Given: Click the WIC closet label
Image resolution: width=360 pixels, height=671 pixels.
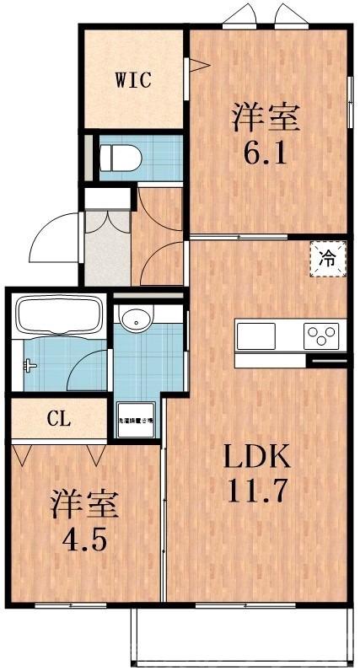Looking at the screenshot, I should point(132,81).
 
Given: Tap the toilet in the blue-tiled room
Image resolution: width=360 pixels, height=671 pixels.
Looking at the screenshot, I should point(118,156).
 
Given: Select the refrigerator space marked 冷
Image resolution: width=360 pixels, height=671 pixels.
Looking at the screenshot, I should point(328,259).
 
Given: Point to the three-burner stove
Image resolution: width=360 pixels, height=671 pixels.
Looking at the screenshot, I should point(323,335).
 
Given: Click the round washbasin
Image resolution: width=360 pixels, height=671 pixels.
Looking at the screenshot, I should point(135,319).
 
